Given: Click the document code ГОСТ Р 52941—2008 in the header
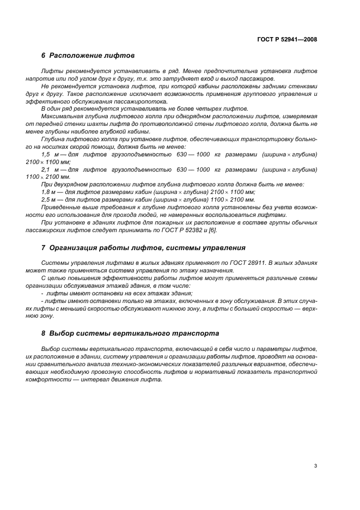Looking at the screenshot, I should click(x=286, y=40).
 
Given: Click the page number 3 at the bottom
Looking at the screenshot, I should click(x=316, y=466).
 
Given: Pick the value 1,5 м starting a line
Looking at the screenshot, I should click(x=49, y=155).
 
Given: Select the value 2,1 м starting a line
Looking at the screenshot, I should click(x=49, y=169).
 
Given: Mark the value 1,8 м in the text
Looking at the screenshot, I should click(x=49, y=192).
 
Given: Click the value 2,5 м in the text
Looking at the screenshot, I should click(x=49, y=200).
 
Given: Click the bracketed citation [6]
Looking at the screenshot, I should click(x=212, y=230).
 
